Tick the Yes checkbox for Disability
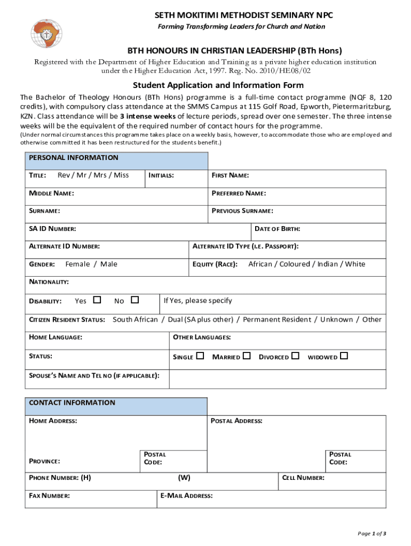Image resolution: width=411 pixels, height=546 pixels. [x=97, y=300]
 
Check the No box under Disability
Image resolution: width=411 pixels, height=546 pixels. [x=135, y=300]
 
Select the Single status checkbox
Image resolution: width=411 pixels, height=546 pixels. [x=200, y=356]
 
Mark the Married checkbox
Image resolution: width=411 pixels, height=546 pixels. [x=247, y=356]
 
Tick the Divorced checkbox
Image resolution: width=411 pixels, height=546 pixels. [x=295, y=356]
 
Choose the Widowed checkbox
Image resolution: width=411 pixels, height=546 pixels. [x=344, y=356]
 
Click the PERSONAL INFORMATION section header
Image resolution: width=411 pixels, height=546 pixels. [x=74, y=158]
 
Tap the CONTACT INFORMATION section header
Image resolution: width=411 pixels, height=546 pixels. [x=72, y=403]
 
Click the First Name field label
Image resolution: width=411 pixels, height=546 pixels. [x=231, y=175]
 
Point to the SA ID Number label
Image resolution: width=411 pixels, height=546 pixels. [x=52, y=229]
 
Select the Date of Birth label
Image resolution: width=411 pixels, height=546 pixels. [x=277, y=229]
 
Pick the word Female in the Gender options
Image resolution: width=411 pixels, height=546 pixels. [x=77, y=264]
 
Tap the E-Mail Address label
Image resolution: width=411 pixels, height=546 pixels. [x=186, y=496]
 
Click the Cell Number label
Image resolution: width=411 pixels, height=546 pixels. [x=303, y=478]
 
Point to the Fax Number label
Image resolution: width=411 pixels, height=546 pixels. [x=49, y=496]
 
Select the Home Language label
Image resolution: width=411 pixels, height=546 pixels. [x=55, y=338]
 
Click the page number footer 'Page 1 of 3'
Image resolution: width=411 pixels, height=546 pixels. [x=372, y=534]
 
